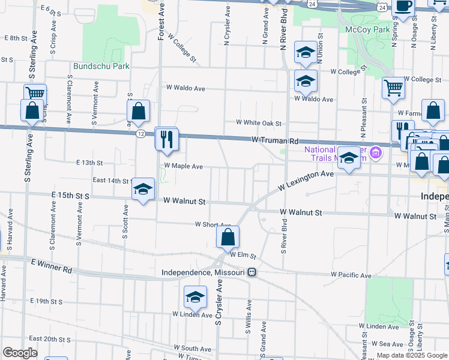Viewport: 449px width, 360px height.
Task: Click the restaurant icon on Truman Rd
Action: pyautogui.click(x=166, y=139)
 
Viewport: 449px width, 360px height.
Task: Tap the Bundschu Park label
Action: pyautogui.click(x=101, y=67)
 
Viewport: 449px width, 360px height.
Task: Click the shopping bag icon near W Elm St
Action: pyautogui.click(x=228, y=238)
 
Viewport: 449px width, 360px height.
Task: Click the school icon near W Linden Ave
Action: pyautogui.click(x=195, y=298)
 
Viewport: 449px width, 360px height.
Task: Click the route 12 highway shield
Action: pyautogui.click(x=140, y=132)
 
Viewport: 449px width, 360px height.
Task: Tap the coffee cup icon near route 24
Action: pyautogui.click(x=403, y=6)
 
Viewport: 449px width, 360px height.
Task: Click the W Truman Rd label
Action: pyautogui.click(x=275, y=140)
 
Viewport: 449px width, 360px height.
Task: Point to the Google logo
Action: pyautogui.click(x=20, y=352)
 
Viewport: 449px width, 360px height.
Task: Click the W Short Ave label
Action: pyautogui.click(x=213, y=225)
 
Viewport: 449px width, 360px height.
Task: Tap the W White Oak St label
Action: pyautogui.click(x=259, y=122)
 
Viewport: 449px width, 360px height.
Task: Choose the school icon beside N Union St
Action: pyautogui.click(x=306, y=53)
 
